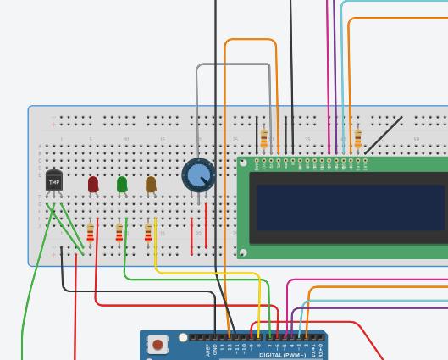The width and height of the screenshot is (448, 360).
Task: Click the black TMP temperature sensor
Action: [54, 180]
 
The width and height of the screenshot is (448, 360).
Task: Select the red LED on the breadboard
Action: [93, 184]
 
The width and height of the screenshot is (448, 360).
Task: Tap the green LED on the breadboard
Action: [122, 184]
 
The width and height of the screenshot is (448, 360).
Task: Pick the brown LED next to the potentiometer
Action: [151, 184]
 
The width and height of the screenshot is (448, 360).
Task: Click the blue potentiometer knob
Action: [199, 175]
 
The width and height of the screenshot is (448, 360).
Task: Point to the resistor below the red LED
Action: [91, 233]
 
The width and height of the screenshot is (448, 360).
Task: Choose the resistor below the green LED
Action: [119, 233]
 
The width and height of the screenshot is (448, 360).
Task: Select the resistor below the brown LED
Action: [148, 233]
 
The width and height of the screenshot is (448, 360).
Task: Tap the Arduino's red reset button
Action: [158, 344]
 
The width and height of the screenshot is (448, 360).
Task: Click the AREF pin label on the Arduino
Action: [208, 348]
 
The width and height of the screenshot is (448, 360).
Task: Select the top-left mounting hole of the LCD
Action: [244, 163]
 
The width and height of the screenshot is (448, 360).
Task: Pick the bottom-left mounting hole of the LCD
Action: [244, 252]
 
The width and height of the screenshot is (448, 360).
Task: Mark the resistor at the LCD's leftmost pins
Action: [264, 138]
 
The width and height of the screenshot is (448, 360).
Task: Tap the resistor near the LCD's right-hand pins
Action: [358, 138]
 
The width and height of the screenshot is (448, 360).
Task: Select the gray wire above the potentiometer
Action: [233, 64]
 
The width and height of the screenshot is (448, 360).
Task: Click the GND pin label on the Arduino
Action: [216, 348]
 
